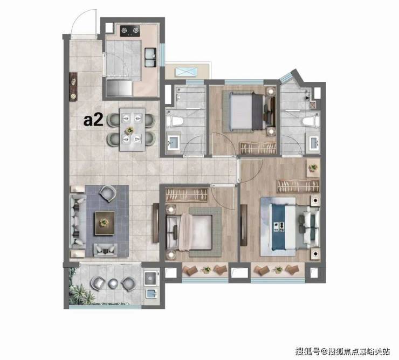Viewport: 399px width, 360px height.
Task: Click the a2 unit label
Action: coord(93,120)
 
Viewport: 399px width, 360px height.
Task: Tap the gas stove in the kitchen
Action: coord(130,31)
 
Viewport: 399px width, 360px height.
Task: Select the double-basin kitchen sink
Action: coord(150,57)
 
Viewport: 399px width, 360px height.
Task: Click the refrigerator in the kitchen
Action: coord(119,88)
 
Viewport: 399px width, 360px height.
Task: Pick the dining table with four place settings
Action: coord(132,129)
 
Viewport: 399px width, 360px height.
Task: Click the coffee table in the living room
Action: coord(105,223)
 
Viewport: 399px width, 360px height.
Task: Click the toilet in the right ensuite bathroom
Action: coord(311,121)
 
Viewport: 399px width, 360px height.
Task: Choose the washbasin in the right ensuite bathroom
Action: coord(314,142)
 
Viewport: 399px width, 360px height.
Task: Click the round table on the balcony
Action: coord(113,283)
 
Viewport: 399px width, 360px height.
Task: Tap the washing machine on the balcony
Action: coord(150,278)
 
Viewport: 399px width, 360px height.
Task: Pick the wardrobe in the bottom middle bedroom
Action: coord(187,195)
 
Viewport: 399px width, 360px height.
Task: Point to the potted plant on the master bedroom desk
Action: coord(313,168)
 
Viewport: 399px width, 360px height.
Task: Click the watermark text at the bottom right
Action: coord(342,351)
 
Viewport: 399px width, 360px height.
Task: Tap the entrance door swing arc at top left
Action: coord(79,20)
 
